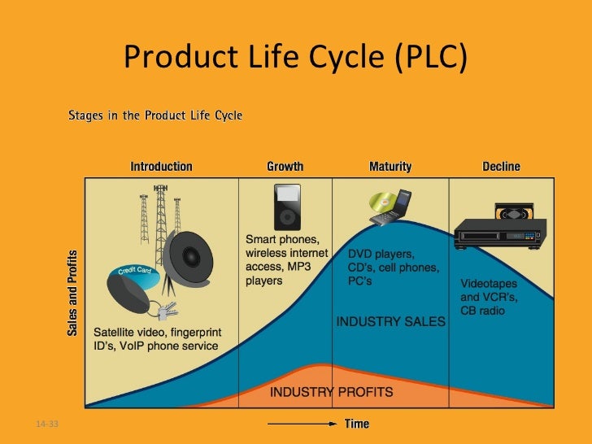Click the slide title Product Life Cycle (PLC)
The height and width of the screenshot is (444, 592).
(295, 58)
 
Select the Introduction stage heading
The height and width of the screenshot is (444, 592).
(162, 167)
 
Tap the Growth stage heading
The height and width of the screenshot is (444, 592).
(285, 167)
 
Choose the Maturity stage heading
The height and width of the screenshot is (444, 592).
(390, 167)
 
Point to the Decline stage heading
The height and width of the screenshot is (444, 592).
(501, 167)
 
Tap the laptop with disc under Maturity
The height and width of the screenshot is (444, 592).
(388, 207)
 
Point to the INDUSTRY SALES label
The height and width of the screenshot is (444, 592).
(390, 321)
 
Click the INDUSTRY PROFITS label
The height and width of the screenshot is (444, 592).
(331, 392)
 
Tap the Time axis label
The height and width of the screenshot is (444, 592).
(357, 424)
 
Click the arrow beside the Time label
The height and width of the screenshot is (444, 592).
(303, 424)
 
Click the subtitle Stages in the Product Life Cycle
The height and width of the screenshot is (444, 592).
(155, 115)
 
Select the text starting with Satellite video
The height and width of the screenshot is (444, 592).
(155, 339)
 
